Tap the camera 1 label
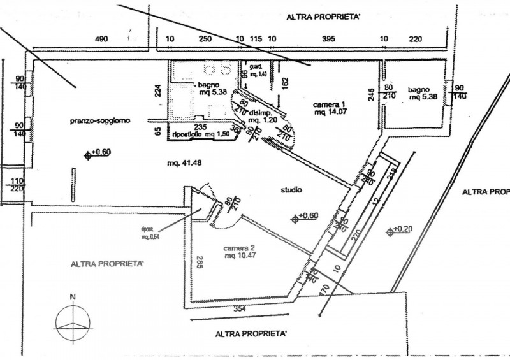[x=328, y=104]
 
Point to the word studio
[x=291, y=190]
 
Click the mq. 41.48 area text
[x=181, y=164]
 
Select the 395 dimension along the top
[x=328, y=39]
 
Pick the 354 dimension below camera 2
[x=239, y=308]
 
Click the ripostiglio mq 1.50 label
[x=200, y=134]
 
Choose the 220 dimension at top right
[x=415, y=39]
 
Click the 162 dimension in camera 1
[x=285, y=82]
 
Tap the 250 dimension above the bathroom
[x=205, y=39]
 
